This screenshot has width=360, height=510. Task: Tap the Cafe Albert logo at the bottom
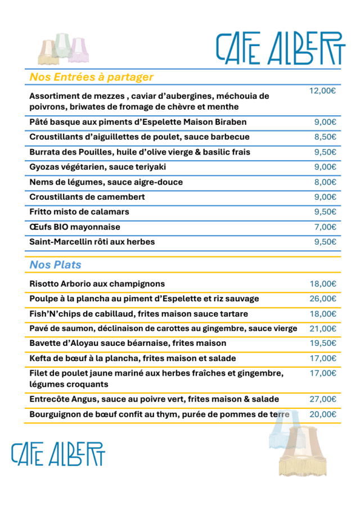58,454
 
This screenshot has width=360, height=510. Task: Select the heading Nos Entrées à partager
91,77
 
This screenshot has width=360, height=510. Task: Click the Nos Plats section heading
55,264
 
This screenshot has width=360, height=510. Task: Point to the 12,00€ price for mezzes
322,91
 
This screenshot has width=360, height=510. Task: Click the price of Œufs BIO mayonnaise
325,227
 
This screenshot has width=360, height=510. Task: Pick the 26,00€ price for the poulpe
323,299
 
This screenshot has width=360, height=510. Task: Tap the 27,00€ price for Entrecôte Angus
323,399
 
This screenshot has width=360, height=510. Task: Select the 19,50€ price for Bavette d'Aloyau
323,343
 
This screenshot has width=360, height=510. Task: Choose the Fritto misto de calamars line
79,212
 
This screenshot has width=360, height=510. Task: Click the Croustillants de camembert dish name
87,197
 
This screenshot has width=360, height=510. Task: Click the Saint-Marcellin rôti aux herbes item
92,242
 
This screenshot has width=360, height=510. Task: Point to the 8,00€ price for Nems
325,182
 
